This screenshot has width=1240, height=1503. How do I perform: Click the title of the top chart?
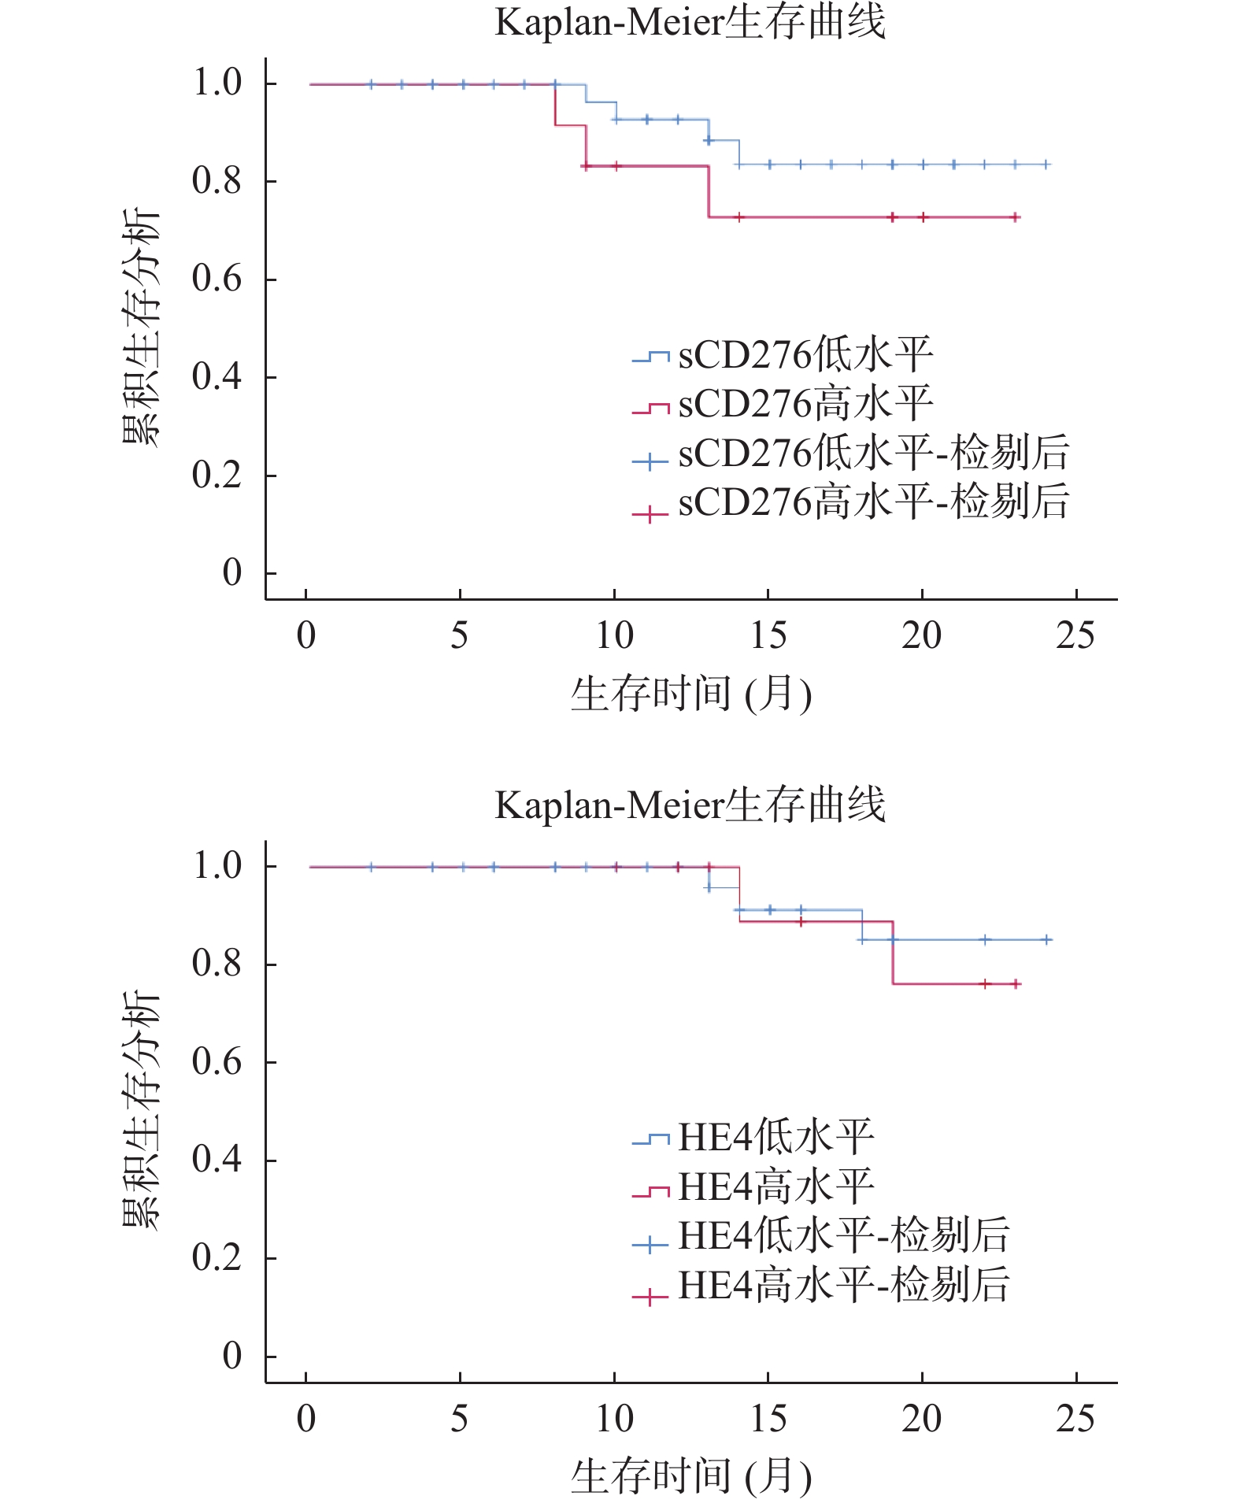(690, 22)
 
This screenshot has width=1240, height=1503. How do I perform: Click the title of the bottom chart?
(690, 805)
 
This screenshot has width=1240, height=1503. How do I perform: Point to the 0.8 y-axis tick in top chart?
(217, 181)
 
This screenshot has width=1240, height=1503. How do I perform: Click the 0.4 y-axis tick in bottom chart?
(217, 1160)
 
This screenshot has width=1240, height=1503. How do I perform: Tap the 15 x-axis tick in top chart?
(768, 635)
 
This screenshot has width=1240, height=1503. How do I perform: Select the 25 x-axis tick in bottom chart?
(1075, 1418)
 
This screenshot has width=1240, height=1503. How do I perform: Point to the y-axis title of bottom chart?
(142, 1110)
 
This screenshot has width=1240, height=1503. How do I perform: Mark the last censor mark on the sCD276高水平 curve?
(1016, 217)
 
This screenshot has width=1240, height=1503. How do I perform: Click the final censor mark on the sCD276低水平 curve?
(1046, 165)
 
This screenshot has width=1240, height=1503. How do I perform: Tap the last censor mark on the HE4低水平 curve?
(1046, 939)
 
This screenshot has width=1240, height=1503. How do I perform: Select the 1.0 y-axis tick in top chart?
(217, 83)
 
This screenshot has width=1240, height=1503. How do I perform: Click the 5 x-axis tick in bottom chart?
(460, 1418)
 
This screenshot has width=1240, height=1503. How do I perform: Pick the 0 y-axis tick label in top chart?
(231, 572)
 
